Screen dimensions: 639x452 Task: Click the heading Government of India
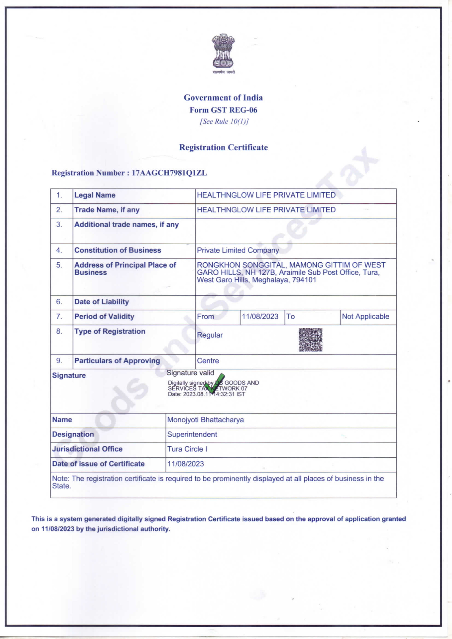(x=223, y=98)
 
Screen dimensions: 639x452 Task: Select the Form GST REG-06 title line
(x=223, y=110)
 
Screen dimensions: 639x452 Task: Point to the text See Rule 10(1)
(x=224, y=121)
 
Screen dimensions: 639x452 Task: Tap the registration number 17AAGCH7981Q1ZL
(x=169, y=173)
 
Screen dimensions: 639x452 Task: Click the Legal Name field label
(x=95, y=195)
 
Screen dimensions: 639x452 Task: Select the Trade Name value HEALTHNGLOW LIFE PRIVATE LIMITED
(x=266, y=210)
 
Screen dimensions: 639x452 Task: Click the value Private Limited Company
(x=238, y=250)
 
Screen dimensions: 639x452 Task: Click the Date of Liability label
(x=102, y=302)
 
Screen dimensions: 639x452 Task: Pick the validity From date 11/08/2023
(x=260, y=316)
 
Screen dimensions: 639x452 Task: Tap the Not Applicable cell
(x=365, y=316)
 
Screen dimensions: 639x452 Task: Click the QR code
(x=310, y=339)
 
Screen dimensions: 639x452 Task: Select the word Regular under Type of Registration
(x=210, y=335)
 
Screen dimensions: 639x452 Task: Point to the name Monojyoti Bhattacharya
(x=205, y=420)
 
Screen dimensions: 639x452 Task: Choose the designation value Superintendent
(x=192, y=434)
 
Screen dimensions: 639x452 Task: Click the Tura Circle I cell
(x=187, y=449)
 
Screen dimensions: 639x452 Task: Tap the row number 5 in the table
(x=59, y=265)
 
